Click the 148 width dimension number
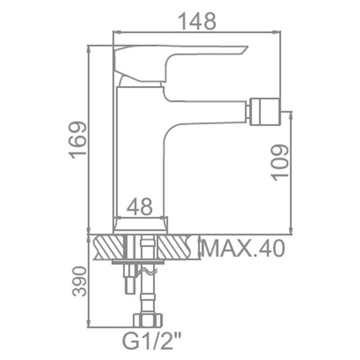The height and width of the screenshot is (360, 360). click(197, 21)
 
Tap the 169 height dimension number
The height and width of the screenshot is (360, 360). click(78, 140)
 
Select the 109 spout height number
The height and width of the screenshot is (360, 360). click(280, 163)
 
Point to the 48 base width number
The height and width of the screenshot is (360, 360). click(139, 206)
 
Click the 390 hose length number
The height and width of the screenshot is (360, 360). click(79, 281)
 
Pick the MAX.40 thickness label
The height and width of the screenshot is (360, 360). click(243, 248)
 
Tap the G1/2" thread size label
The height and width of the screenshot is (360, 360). click(152, 342)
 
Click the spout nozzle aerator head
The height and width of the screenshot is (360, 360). click(265, 112)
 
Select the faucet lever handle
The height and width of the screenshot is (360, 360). click(179, 62)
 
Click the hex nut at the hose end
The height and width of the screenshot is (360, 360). click(148, 319)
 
